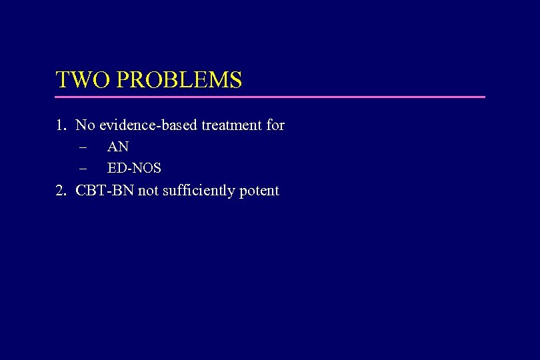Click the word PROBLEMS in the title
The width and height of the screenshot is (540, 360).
click(x=179, y=80)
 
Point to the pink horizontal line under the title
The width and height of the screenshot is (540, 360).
click(x=270, y=97)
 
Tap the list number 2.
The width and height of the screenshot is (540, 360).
click(x=61, y=191)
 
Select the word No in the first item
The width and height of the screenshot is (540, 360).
click(x=85, y=125)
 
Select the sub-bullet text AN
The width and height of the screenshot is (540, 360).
click(x=118, y=147)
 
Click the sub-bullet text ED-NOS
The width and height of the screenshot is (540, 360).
click(x=134, y=169)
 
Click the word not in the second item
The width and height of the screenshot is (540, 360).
click(x=148, y=191)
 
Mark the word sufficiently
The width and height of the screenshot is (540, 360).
click(x=198, y=191)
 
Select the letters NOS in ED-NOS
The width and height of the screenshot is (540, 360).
click(x=147, y=169)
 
